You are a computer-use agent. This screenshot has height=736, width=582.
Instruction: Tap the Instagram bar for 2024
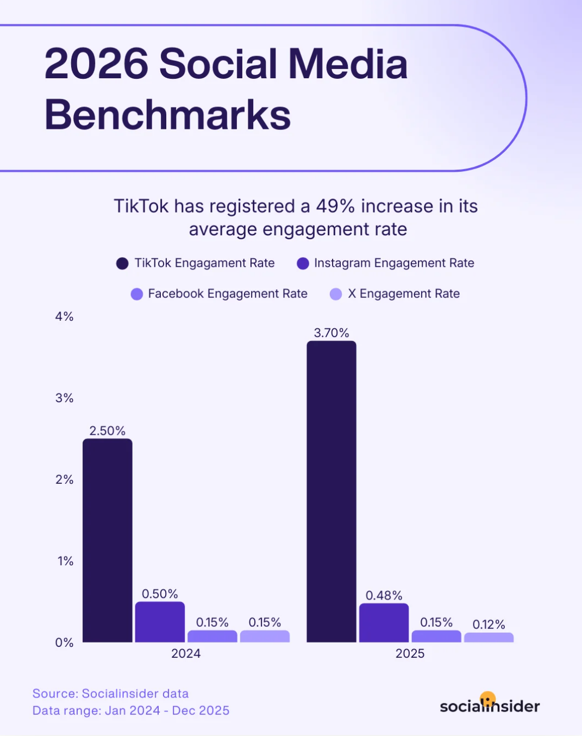click(x=160, y=622)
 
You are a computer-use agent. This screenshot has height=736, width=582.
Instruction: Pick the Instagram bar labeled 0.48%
click(x=384, y=623)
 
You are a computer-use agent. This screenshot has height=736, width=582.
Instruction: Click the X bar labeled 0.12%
click(x=489, y=637)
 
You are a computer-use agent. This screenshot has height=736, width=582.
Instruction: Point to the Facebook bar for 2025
click(x=436, y=636)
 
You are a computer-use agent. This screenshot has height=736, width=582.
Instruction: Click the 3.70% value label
click(x=331, y=333)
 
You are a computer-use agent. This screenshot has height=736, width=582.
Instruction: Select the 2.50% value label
click(x=108, y=431)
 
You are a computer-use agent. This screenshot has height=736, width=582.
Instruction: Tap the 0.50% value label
click(x=160, y=594)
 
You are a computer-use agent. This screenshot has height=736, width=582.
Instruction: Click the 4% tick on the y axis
click(x=64, y=316)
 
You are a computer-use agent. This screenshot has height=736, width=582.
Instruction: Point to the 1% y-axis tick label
click(x=65, y=561)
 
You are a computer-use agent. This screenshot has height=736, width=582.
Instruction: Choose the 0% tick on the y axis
click(x=64, y=643)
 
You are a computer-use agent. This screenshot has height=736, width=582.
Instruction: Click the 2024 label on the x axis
click(x=186, y=653)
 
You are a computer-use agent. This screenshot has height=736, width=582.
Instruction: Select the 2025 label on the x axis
click(x=410, y=653)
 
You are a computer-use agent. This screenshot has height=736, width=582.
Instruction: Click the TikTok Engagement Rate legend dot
click(x=122, y=264)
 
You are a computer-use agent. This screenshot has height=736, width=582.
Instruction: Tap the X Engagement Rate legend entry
click(x=404, y=294)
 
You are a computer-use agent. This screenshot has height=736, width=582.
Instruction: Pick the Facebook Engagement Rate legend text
click(x=228, y=294)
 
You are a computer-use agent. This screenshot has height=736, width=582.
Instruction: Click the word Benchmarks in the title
click(x=167, y=115)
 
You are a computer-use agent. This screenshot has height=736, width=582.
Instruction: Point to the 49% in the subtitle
click(x=335, y=207)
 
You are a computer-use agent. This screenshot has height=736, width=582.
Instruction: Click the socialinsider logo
click(x=490, y=704)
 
